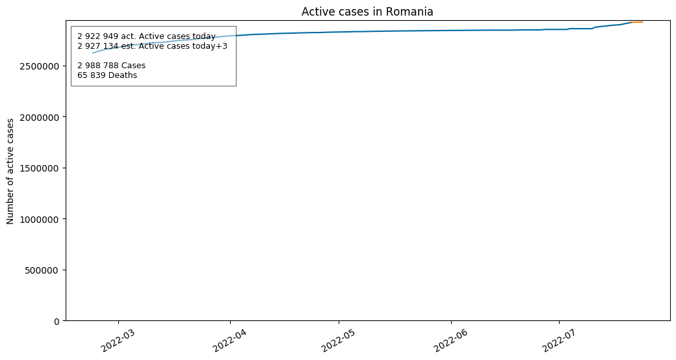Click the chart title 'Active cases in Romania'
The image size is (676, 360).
pos(367,12)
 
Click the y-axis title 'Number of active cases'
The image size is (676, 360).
pos(10,171)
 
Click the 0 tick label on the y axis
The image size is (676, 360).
pos(58,321)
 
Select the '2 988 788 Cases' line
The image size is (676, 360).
pos(112,66)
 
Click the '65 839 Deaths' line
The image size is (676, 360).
pos(107,75)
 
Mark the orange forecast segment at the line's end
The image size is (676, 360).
pos(637,22)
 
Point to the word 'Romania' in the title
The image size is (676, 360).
pos(409,12)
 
